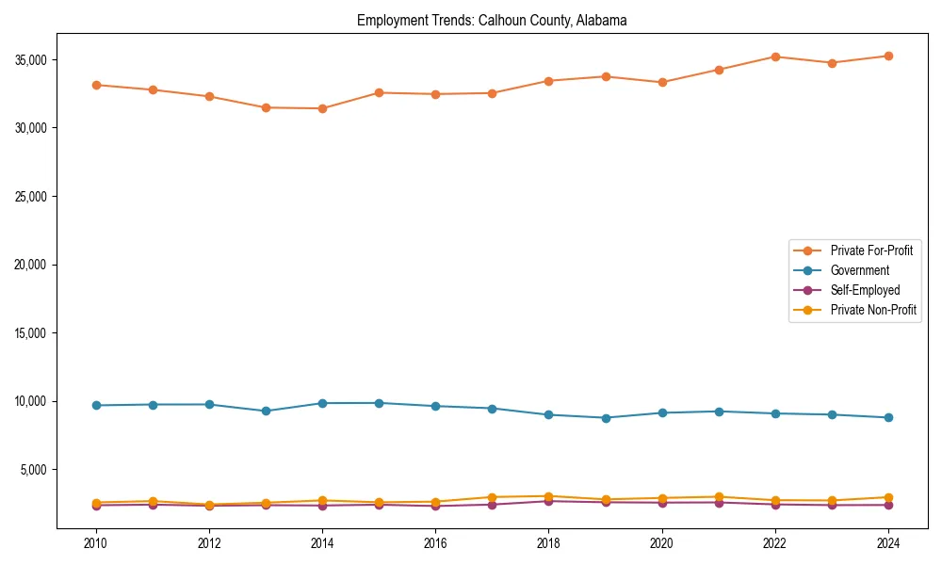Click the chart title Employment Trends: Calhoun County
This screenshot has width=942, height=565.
[492, 20]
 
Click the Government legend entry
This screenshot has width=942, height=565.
[859, 270]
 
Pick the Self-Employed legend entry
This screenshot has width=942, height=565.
[865, 290]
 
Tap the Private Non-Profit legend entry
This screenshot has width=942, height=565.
[873, 310]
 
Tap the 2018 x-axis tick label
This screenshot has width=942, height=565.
[548, 543]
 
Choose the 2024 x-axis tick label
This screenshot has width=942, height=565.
[887, 543]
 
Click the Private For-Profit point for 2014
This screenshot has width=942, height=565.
[322, 108]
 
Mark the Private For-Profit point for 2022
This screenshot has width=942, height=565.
[774, 56]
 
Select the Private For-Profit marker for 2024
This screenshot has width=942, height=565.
[887, 56]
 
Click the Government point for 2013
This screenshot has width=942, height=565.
[266, 411]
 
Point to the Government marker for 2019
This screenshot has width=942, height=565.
[605, 418]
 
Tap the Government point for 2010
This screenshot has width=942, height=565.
[96, 405]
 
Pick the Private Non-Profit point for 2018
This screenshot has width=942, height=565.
[548, 496]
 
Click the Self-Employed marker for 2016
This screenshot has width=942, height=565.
[435, 507]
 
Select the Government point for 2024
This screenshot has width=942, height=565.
[887, 417]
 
